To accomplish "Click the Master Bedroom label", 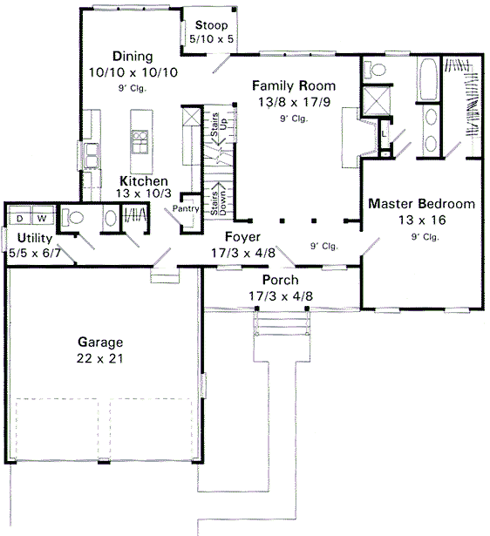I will (x=421, y=204).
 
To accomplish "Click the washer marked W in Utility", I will (x=41, y=218).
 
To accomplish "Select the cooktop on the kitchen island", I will (x=139, y=139).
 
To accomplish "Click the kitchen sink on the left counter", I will (x=91, y=155).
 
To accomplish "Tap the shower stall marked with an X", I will (x=377, y=103).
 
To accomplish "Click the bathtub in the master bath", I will (x=428, y=80).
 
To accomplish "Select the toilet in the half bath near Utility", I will (x=73, y=219).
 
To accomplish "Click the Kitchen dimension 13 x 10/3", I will (x=143, y=193).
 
